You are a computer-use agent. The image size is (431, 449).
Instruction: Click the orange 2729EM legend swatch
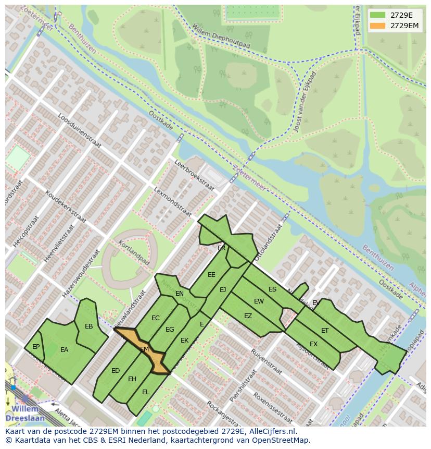point(378,26)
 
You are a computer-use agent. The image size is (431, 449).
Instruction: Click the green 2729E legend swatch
point(378,15)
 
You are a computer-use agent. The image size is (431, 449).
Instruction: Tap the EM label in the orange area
point(145,349)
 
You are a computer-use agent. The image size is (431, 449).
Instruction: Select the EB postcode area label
point(88,326)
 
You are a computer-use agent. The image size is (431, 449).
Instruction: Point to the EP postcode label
point(36,346)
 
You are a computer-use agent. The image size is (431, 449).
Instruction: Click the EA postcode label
point(64,350)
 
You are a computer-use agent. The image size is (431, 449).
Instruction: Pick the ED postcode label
point(116,371)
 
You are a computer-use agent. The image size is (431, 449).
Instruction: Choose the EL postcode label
point(146,392)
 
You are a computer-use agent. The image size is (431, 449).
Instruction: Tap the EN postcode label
point(180,294)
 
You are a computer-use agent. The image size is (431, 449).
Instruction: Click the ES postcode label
point(272,289)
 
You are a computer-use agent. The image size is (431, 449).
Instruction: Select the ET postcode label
point(325,331)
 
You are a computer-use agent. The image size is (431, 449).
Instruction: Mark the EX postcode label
point(313,344)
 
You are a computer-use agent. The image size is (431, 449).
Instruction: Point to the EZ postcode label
point(248,315)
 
